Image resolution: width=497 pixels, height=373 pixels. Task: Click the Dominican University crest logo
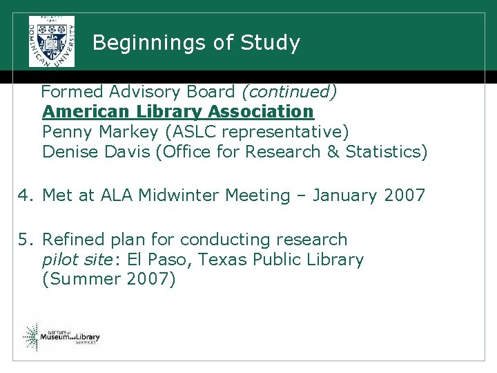pos(51,41)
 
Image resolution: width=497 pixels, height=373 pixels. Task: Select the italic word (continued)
pos(288,91)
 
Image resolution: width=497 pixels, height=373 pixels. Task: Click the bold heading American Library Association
pos(177,111)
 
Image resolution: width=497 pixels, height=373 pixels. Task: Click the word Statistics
pos(386,151)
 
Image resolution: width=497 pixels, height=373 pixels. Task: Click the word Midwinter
pos(179,195)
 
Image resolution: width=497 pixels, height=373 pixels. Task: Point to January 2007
pos(369,195)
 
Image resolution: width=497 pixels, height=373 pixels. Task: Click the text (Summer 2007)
pos(109,280)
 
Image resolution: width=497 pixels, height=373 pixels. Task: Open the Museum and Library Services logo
pos(61,337)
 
